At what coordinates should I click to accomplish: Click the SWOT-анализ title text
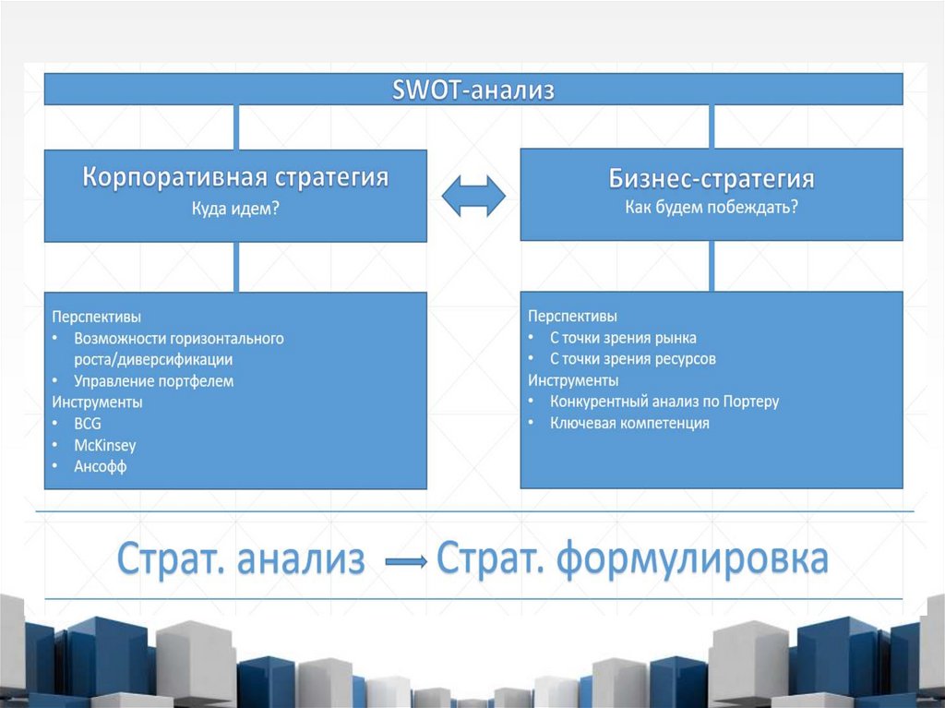[473, 90]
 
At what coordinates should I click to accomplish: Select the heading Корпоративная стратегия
[235, 177]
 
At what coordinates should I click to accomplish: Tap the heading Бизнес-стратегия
[712, 178]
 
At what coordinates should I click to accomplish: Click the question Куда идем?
[235, 209]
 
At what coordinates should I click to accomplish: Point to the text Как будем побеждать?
[712, 207]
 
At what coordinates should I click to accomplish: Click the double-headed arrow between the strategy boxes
[473, 196]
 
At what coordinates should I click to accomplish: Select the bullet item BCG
[88, 424]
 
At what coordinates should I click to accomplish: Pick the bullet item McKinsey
[105, 445]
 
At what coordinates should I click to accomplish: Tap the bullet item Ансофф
[101, 467]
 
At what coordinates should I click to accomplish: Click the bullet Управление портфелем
[154, 380]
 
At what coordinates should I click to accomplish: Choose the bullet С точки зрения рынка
[623, 337]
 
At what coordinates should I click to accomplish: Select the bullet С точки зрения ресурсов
[633, 358]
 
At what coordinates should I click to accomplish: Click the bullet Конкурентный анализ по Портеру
[664, 402]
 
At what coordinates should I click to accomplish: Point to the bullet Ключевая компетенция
[629, 424]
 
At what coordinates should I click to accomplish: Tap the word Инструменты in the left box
[97, 402]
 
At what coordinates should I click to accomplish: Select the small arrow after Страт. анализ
[404, 561]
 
